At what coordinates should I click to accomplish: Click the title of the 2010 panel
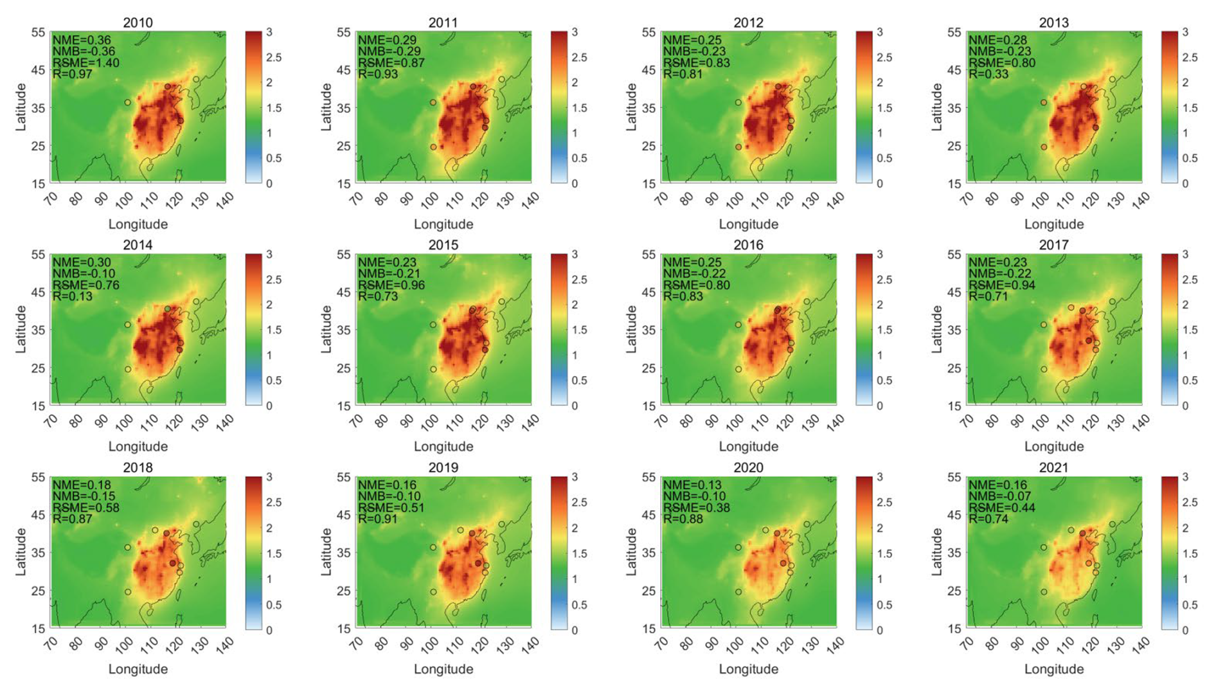pyautogui.click(x=138, y=22)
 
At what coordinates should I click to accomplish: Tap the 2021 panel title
pyautogui.click(x=1053, y=467)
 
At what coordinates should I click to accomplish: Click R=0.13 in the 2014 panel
pyautogui.click(x=72, y=296)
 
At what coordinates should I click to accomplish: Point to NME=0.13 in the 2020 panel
pyautogui.click(x=692, y=485)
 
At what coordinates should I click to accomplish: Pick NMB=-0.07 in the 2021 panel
pyautogui.click(x=999, y=496)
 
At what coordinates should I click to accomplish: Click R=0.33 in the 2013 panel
pyautogui.click(x=988, y=74)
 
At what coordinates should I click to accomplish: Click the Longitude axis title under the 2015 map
pyautogui.click(x=443, y=446)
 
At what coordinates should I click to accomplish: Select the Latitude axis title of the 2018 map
pyautogui.click(x=21, y=552)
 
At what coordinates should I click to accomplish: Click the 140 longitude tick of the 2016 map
pyautogui.click(x=834, y=423)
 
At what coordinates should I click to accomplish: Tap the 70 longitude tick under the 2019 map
pyautogui.click(x=357, y=644)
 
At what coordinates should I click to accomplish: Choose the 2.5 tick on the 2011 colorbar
pyautogui.click(x=579, y=57)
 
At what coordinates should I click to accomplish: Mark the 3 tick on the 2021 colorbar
pyautogui.click(x=1185, y=477)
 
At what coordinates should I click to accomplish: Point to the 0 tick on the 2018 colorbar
pyautogui.click(x=269, y=630)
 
